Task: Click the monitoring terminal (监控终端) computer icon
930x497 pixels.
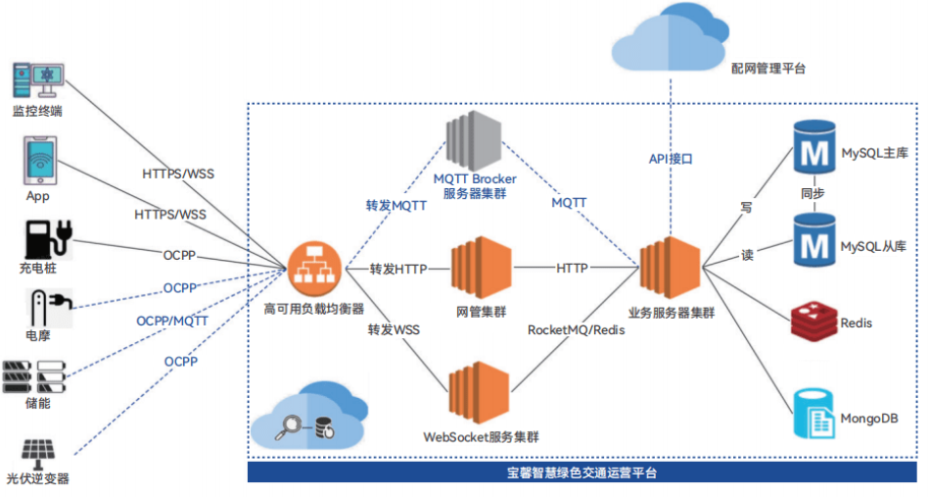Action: coord(38,80)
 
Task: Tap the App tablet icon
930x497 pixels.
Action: coord(38,159)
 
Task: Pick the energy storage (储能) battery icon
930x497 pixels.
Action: coord(37,375)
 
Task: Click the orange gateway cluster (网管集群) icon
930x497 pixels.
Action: coord(481,268)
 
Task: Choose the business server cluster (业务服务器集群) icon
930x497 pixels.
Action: coord(670,268)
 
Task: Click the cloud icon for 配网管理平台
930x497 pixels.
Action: coord(670,37)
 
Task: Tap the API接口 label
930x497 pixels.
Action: coord(671,158)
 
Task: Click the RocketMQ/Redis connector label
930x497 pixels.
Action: coord(576,330)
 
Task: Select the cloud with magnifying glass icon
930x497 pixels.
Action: coord(305,417)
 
